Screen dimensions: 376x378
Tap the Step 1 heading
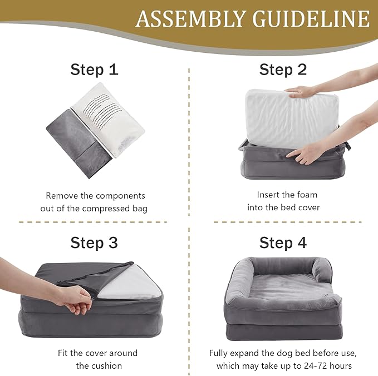click(x=94, y=70)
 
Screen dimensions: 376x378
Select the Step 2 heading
click(x=283, y=70)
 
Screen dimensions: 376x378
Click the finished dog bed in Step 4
click(x=283, y=300)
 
